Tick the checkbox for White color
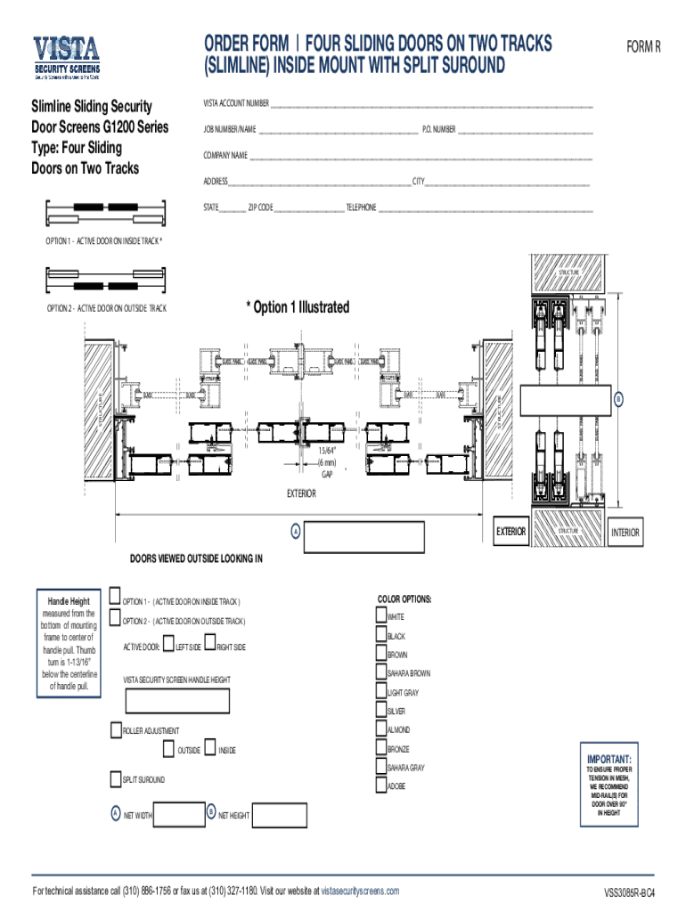click(x=381, y=615)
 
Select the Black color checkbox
click(x=381, y=635)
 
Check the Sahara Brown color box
click(x=381, y=673)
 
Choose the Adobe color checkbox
click(x=381, y=786)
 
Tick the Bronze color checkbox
click(x=381, y=748)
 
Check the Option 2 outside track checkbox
click(x=115, y=618)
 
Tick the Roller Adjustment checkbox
click(x=115, y=729)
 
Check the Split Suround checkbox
click(x=115, y=779)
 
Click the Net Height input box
click(x=280, y=814)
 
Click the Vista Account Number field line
click(x=432, y=104)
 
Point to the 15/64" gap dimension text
click(x=327, y=453)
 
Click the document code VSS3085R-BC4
click(x=629, y=892)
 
